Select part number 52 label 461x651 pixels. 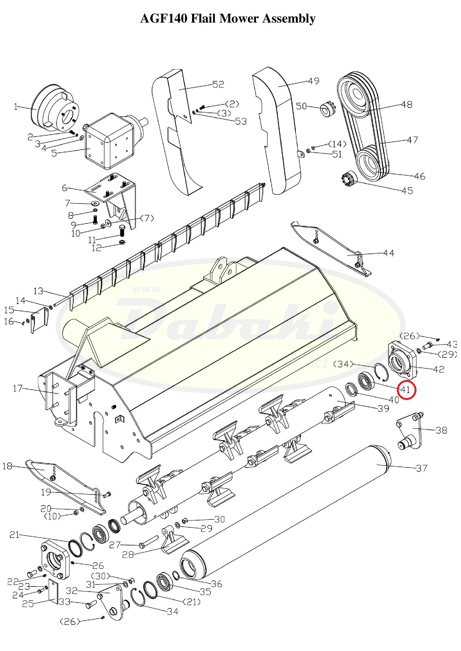pyautogui.click(x=218, y=84)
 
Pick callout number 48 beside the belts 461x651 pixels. pyautogui.click(x=406, y=104)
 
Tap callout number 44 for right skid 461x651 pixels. pyautogui.click(x=388, y=253)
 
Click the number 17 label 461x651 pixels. pyautogui.click(x=17, y=388)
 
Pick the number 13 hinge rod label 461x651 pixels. pyautogui.click(x=38, y=291)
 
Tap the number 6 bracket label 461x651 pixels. pyautogui.click(x=65, y=188)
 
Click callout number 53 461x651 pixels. pyautogui.click(x=241, y=121)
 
